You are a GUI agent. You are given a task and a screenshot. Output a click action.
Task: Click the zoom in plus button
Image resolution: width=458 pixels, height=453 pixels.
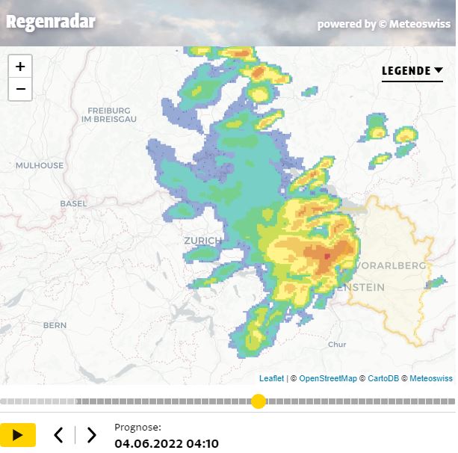coord(20,66)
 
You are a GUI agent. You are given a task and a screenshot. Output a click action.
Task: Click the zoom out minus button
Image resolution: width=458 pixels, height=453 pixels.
coord(20,89)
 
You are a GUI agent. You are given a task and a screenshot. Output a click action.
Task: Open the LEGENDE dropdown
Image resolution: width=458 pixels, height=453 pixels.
coord(412,71)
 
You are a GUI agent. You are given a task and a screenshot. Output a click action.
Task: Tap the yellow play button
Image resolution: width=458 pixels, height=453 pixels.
coord(18,434)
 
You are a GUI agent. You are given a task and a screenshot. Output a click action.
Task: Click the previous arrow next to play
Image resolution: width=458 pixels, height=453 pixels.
coord(58,434)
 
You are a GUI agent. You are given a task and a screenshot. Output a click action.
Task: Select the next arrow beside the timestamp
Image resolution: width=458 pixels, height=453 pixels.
coord(91,434)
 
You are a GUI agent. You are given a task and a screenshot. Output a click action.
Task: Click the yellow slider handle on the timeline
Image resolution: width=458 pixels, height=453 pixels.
coord(258,401)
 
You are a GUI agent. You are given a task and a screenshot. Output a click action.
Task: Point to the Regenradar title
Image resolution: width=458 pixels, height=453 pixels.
coord(51,21)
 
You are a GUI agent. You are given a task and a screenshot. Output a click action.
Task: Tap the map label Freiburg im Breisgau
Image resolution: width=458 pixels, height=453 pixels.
coord(109,114)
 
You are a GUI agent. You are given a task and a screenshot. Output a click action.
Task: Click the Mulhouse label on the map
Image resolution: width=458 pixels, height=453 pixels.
coord(40,165)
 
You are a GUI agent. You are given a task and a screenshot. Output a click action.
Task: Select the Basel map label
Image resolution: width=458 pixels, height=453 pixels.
coord(73,203)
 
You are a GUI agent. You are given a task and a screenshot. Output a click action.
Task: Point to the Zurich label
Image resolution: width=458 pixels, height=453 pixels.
coord(202,241)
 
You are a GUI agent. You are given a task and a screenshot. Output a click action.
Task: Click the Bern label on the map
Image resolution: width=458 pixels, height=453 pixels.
coord(55,325)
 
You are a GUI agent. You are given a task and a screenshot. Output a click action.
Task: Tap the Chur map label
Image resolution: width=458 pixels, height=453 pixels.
coord(337,345)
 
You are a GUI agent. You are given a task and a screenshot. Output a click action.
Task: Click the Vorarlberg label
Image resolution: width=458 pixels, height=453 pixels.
coord(392,265)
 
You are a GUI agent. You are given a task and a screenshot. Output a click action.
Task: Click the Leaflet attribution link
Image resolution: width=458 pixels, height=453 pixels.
coord(271,379)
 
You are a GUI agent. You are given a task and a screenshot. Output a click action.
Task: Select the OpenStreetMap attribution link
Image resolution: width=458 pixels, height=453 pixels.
coord(327,379)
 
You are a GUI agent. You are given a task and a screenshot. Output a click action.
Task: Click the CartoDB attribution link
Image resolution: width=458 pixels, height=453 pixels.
coord(383,379)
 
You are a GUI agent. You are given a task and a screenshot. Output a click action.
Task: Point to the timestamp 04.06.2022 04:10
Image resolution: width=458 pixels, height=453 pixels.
coord(167,444)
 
